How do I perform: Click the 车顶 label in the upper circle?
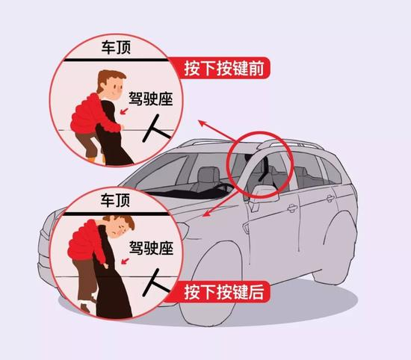[117, 47]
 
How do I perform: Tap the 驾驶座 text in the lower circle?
[149, 249]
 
